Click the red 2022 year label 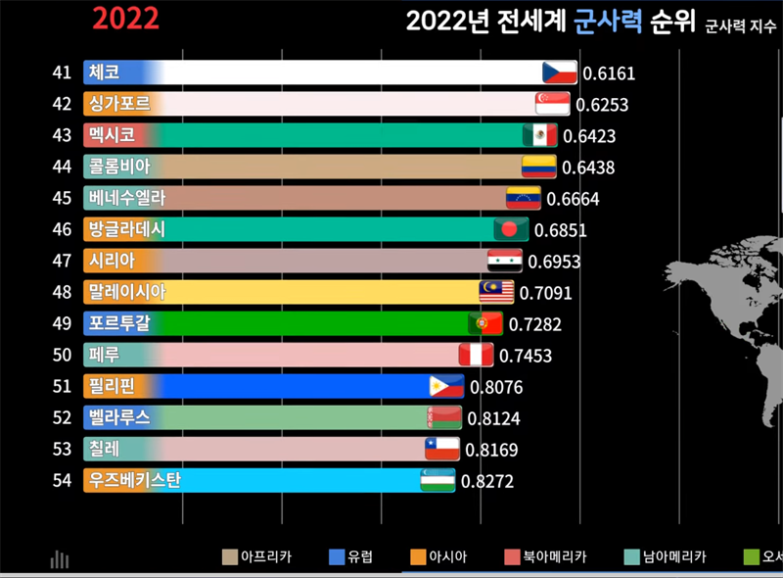point(125,18)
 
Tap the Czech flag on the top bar point(560,72)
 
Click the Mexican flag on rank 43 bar point(539,135)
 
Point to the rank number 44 point(63,168)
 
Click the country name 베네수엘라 point(126,198)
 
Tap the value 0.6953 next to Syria point(554,262)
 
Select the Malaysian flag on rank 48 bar point(496,292)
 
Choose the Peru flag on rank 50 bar point(477,355)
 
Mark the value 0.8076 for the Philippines point(496,387)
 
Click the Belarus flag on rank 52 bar point(442,418)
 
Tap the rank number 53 point(63,450)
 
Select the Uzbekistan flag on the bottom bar point(438,481)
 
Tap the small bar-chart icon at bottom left point(60,559)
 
